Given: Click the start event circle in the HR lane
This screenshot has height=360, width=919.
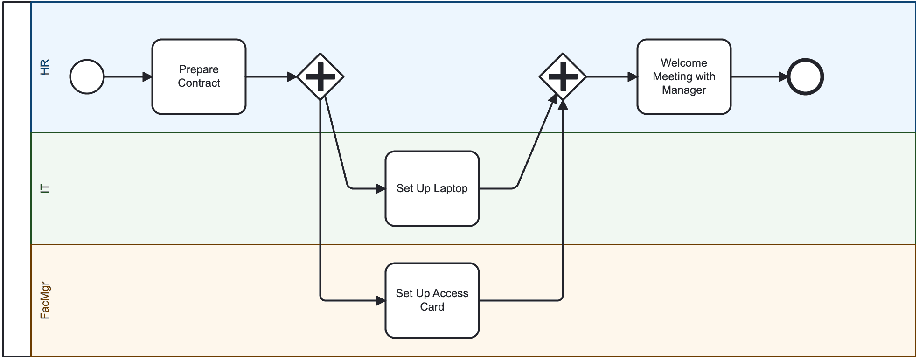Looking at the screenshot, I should tap(87, 76).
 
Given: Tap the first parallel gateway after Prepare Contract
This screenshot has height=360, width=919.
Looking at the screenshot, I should tap(320, 76).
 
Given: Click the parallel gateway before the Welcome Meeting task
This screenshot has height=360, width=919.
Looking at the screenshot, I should tap(563, 76).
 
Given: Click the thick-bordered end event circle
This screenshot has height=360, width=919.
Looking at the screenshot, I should tap(805, 76).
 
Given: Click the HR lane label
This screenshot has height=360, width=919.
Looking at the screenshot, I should tap(44, 67).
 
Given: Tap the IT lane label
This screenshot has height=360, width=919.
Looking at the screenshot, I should tap(44, 188).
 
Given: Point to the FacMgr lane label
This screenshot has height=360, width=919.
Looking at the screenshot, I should tap(44, 300).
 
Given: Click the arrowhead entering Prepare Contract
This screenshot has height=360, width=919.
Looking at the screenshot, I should tap(147, 76).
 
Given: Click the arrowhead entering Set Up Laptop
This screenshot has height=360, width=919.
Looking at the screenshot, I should tap(381, 188).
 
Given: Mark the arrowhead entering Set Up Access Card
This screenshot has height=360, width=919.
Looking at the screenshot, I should tap(381, 301).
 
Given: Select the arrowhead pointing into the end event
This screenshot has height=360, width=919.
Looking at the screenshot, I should tap(783, 77).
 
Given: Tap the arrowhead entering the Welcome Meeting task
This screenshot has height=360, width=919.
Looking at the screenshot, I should tap(633, 76).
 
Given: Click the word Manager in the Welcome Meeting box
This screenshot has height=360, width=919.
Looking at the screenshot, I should tap(684, 90).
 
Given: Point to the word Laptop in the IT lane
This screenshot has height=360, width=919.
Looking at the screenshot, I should tap(451, 188).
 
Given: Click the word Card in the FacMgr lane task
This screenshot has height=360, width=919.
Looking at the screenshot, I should tap(432, 307).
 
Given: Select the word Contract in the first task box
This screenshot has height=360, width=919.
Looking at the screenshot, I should tap(199, 83).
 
